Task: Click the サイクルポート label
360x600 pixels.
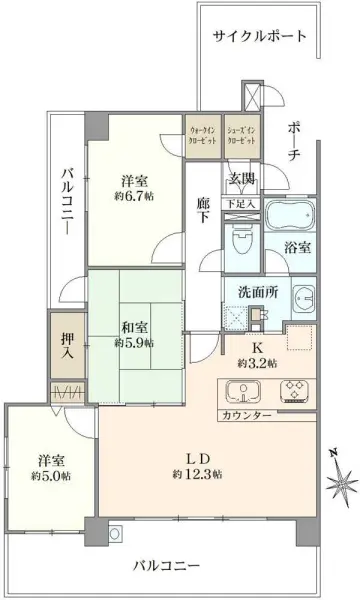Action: [259, 37]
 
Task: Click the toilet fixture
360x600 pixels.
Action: [241, 240]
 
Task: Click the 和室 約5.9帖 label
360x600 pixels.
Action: [135, 334]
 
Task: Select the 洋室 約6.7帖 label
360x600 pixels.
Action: [135, 189]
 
